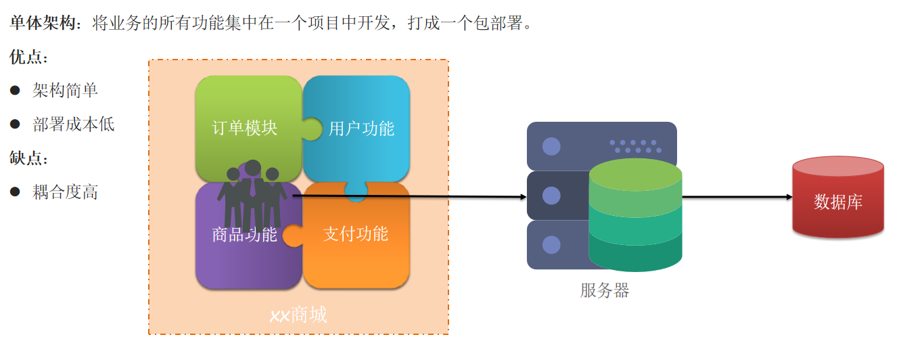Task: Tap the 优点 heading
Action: tap(28, 58)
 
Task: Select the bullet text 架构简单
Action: tap(65, 91)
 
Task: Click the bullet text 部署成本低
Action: tap(73, 125)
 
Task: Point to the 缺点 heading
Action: tap(28, 158)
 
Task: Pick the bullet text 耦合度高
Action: tap(65, 192)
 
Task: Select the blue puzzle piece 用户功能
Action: tap(361, 128)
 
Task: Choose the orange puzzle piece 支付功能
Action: tap(356, 234)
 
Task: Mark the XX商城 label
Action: tap(298, 315)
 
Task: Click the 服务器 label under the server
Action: tap(605, 291)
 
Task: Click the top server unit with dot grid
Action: tap(601, 145)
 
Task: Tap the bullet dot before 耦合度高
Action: tap(15, 192)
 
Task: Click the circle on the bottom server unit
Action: tap(551, 244)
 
